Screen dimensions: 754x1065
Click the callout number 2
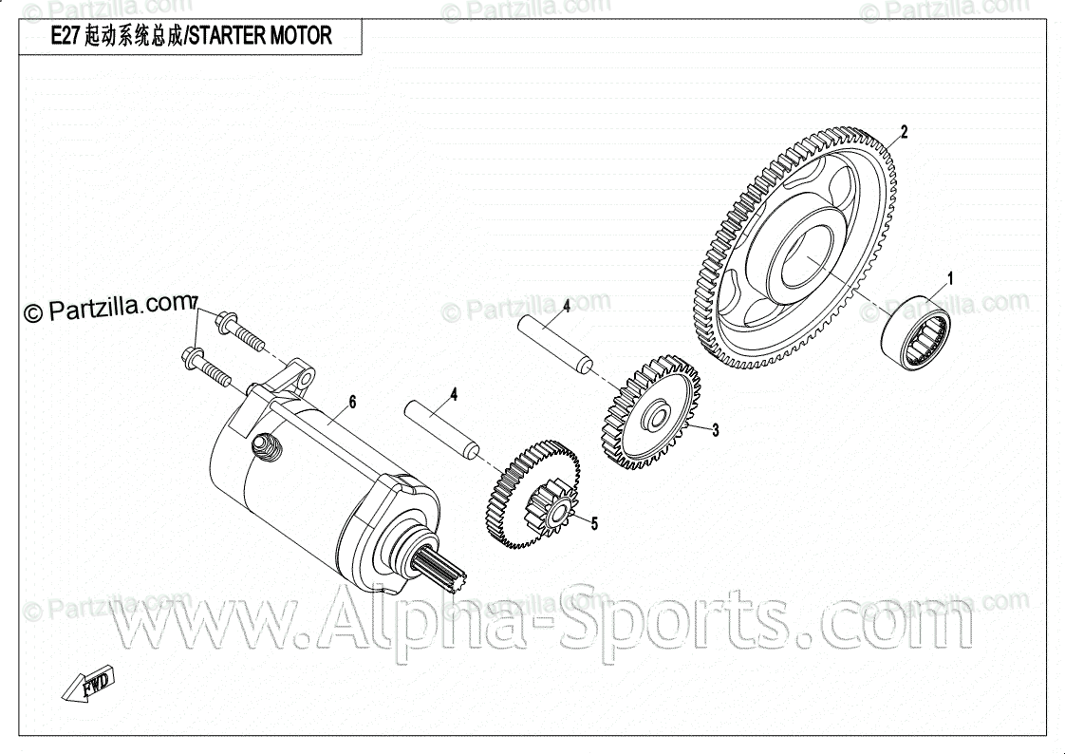pos(904,133)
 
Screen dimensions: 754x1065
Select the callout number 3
pos(715,430)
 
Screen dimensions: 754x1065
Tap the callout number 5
pos(594,522)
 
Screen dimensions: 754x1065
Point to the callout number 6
pos(352,403)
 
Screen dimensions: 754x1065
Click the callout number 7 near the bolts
pos(194,304)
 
